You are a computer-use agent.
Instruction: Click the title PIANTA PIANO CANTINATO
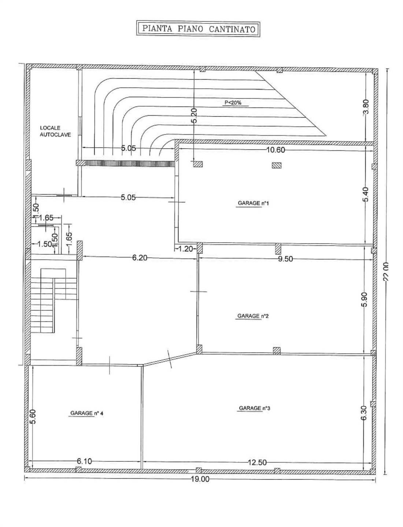199,29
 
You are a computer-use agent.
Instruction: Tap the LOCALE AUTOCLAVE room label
55,131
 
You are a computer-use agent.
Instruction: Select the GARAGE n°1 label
253,203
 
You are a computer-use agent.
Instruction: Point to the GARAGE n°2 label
253,316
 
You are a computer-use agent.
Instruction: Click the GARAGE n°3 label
255,408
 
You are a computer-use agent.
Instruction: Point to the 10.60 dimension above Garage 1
276,150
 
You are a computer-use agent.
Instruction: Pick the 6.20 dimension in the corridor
140,258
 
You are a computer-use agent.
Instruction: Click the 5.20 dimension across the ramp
194,116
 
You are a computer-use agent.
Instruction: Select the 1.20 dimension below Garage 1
186,249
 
